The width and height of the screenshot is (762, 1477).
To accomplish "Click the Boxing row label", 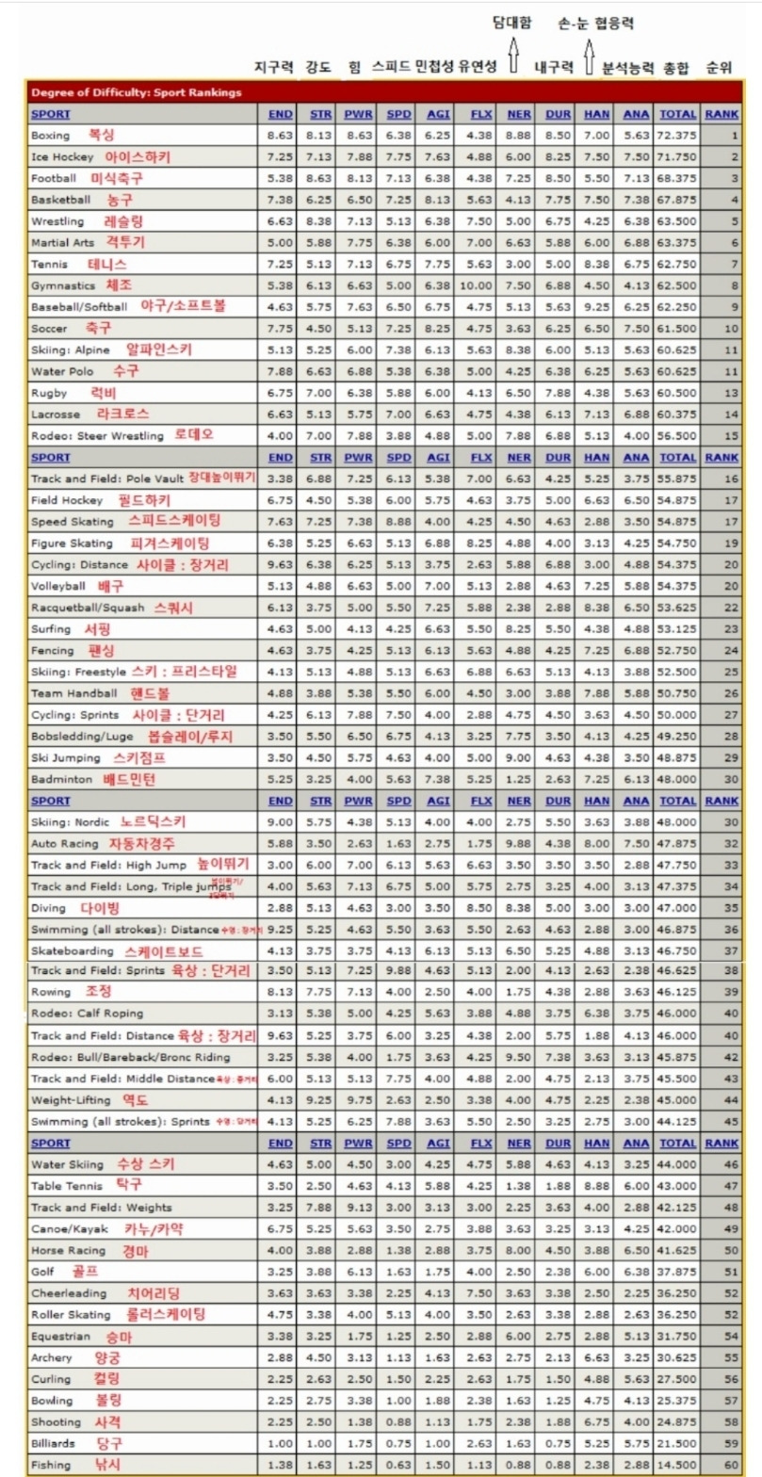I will click(x=50, y=136).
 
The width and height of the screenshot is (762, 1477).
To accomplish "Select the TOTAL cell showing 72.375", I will click(x=677, y=136).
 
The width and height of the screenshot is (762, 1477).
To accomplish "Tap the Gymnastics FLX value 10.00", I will click(x=480, y=285).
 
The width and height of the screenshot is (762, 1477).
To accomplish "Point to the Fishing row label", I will click(x=50, y=1465).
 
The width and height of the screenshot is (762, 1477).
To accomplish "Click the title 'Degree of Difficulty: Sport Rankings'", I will click(x=136, y=92).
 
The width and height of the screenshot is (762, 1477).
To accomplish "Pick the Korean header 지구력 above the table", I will click(x=275, y=68).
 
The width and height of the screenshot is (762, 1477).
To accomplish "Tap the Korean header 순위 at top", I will click(x=720, y=68).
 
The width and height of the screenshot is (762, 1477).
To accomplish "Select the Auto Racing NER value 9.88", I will click(x=519, y=843).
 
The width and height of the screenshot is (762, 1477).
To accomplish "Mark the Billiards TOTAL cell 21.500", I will click(x=677, y=1443).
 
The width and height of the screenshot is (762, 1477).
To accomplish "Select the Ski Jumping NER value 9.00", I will click(x=519, y=757).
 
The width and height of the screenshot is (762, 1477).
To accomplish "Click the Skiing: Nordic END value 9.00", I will click(x=281, y=821).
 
